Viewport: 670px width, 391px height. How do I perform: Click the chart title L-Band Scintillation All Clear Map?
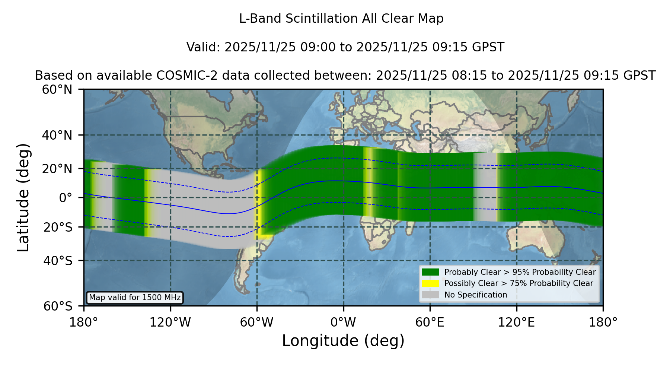click(x=341, y=19)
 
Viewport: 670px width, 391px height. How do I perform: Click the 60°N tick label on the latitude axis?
click(x=57, y=90)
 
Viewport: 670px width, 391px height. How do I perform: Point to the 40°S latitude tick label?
click(x=58, y=261)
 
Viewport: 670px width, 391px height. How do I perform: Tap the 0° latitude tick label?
click(x=66, y=198)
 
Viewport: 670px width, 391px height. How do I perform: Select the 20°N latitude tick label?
click(x=57, y=169)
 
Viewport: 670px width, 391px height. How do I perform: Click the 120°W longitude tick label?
click(x=170, y=322)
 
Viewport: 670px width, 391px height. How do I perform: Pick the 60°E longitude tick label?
click(x=430, y=322)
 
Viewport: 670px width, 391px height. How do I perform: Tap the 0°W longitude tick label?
click(x=343, y=322)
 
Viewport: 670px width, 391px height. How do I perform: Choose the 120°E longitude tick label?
click(x=516, y=322)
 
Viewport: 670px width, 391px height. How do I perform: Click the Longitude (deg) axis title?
click(x=343, y=341)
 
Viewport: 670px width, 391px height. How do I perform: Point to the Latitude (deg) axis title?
click(x=23, y=197)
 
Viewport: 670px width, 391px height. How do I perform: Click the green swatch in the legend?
click(x=431, y=272)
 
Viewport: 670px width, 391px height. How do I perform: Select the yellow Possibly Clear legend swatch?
click(x=431, y=283)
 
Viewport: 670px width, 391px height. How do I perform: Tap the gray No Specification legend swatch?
click(x=431, y=295)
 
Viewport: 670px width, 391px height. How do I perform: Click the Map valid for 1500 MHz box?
click(x=135, y=298)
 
